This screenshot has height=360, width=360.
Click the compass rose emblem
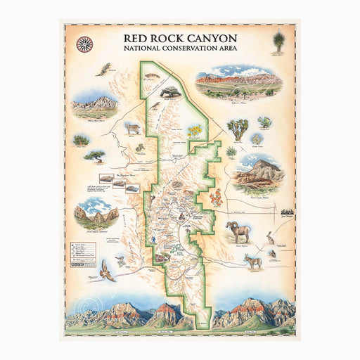(84, 44)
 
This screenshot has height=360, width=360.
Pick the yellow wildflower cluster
(194, 131)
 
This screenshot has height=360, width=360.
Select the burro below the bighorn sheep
(252, 261)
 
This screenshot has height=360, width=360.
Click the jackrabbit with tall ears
(270, 238)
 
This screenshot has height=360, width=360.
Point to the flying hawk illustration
(107, 269)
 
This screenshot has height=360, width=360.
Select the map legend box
(82, 253)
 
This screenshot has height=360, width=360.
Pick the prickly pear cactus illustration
(264, 122)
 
